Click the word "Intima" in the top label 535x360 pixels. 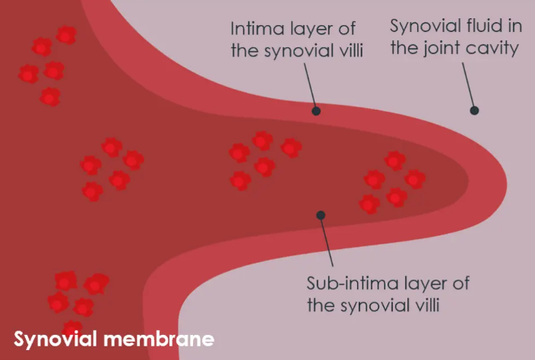pos(251,30)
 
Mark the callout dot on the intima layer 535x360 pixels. pos(316,110)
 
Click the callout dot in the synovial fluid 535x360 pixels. pos(474,110)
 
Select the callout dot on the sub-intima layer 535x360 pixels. pos(321,215)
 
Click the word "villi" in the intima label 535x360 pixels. pos(347,52)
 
